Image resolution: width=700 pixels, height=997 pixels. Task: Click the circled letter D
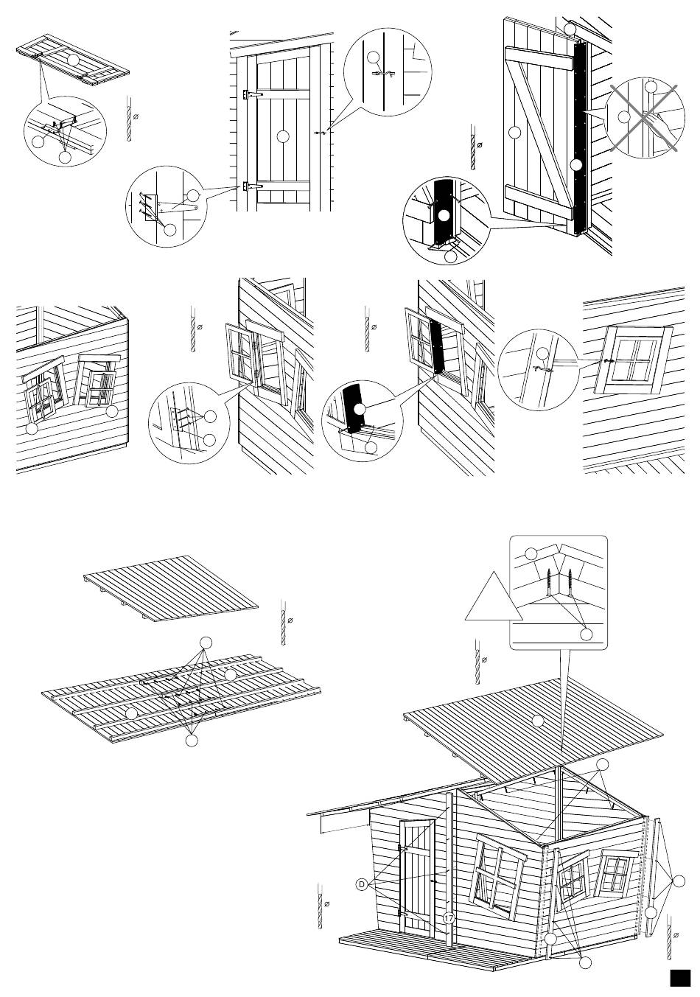(361, 884)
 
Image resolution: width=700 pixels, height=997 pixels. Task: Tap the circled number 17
(449, 919)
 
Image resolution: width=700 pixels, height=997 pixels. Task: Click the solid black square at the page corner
(679, 977)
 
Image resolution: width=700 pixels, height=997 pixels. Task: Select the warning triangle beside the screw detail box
(493, 598)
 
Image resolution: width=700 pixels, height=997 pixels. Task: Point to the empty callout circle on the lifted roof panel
(538, 719)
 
